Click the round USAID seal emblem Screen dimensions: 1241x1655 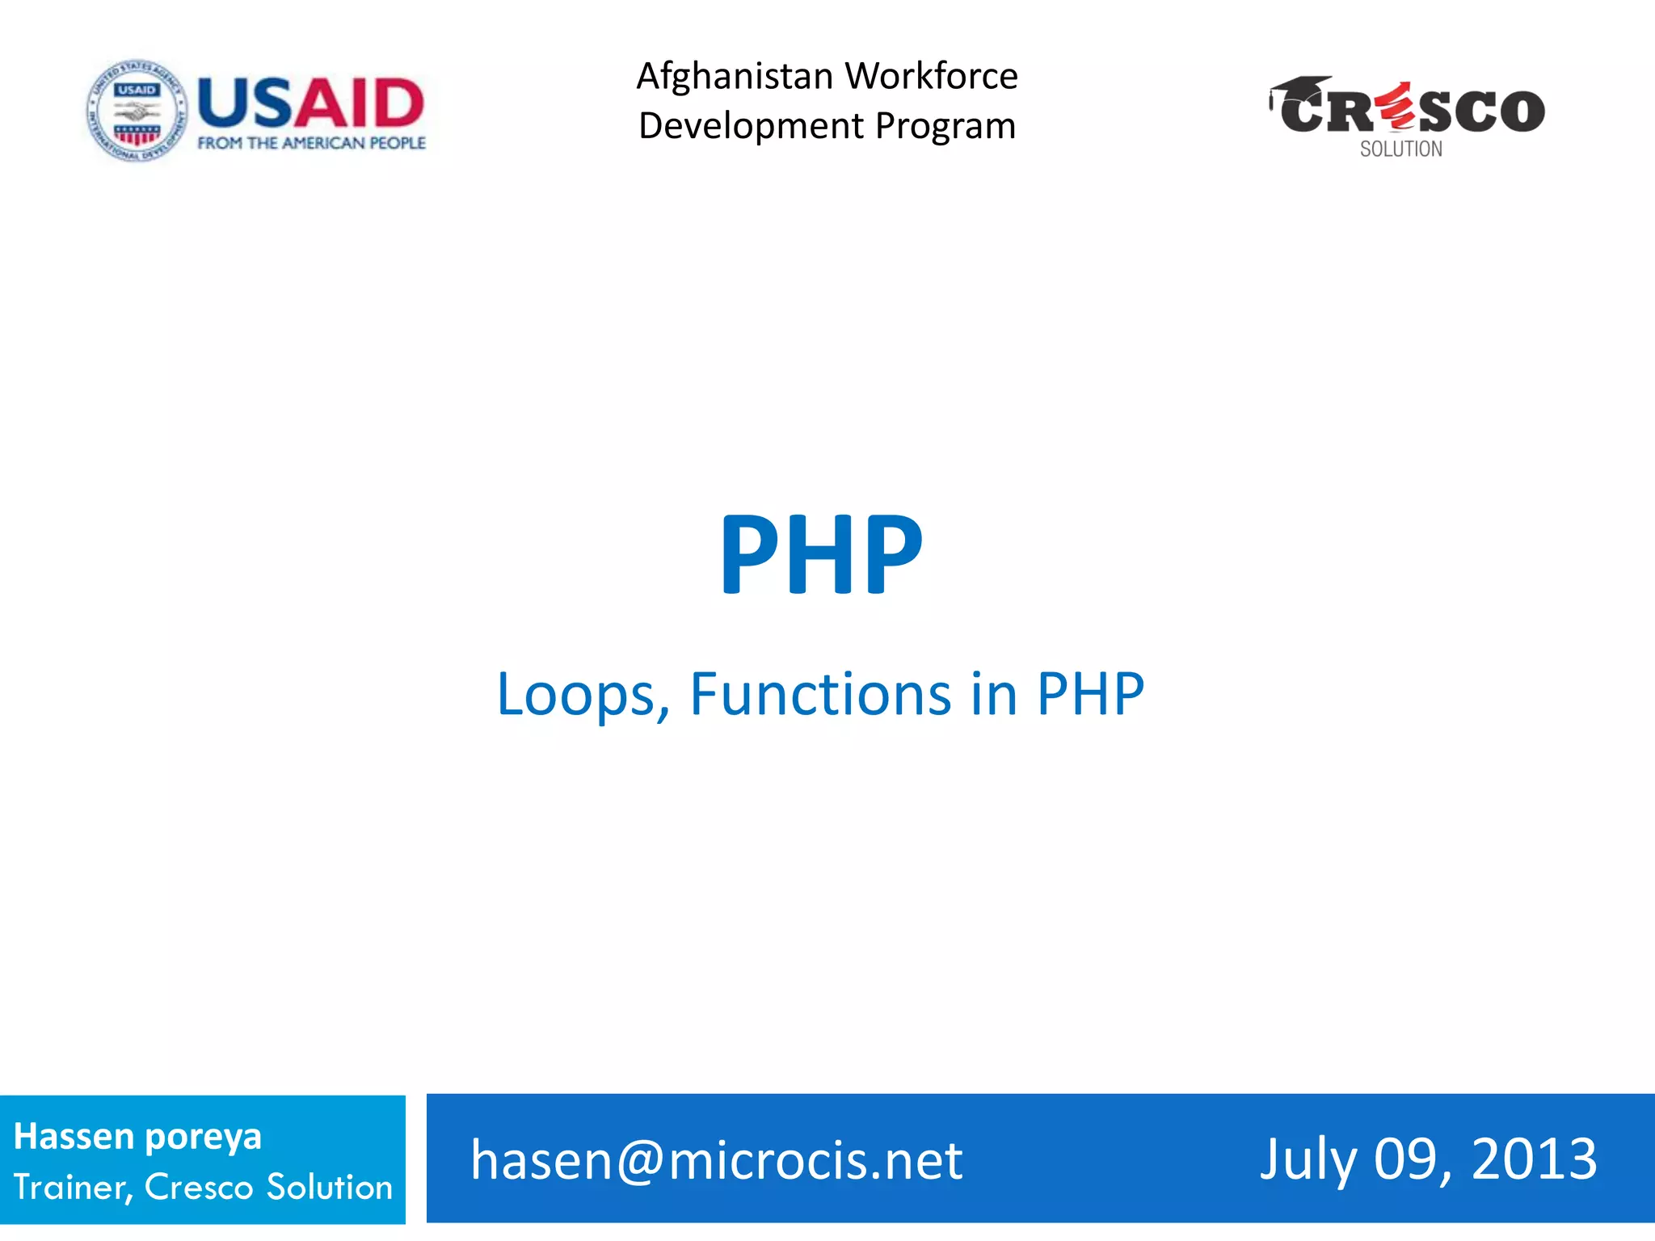coord(137,111)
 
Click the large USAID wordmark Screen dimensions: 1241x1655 coord(311,103)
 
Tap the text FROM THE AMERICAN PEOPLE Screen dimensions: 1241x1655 coord(311,143)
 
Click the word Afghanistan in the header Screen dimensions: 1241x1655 coord(735,77)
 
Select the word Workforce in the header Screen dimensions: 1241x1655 coord(932,77)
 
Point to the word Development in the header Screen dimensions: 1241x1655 coord(752,127)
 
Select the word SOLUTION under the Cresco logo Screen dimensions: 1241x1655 coord(1400,149)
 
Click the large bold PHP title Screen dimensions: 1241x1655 coord(821,554)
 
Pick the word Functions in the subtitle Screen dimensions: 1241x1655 coord(820,694)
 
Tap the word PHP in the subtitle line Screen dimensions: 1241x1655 coord(1090,694)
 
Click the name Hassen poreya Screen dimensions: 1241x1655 coord(137,1137)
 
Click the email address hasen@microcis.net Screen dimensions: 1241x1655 coord(716,1160)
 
